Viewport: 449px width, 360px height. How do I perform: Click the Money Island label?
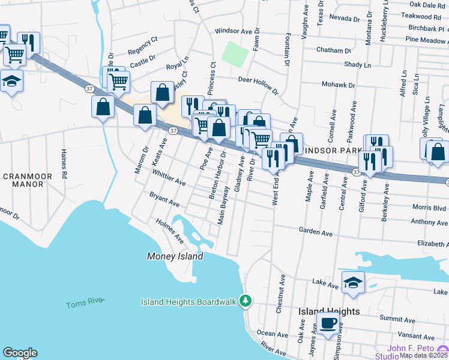(175, 256)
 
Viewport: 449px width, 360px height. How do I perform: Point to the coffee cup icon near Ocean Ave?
(328, 323)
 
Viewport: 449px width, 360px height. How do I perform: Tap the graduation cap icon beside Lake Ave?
(353, 283)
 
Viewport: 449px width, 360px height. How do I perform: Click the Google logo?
(20, 353)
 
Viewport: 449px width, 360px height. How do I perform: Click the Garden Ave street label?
(316, 232)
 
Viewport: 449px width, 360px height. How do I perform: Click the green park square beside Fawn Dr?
(235, 55)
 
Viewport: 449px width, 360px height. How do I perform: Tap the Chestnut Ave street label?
(280, 295)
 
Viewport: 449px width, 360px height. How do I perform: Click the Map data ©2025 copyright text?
(424, 355)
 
